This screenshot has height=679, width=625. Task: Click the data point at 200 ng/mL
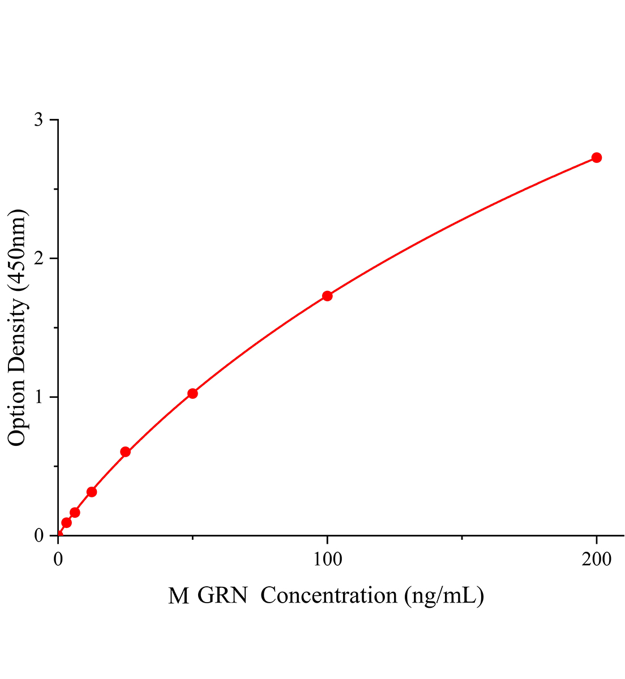click(x=596, y=157)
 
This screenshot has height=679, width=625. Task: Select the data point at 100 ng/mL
click(x=327, y=296)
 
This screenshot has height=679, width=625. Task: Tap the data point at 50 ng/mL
click(x=192, y=393)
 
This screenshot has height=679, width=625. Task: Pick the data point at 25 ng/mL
click(x=126, y=452)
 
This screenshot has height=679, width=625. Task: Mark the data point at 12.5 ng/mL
click(x=92, y=492)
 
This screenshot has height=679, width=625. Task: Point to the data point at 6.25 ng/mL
click(x=75, y=513)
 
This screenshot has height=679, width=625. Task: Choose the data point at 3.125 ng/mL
click(x=66, y=523)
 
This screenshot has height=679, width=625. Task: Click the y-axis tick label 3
click(x=38, y=120)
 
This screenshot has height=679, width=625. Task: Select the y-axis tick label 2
click(x=38, y=259)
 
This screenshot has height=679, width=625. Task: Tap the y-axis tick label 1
click(x=38, y=397)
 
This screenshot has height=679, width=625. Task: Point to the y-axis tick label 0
click(x=38, y=535)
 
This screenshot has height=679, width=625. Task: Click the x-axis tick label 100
click(x=327, y=560)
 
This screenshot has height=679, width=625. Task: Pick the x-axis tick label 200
click(x=596, y=560)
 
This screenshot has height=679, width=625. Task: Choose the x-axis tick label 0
click(x=58, y=560)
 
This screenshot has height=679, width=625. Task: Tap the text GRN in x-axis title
click(x=223, y=596)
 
